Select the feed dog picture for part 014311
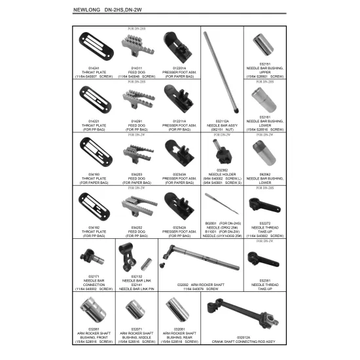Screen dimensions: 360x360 click(136, 46)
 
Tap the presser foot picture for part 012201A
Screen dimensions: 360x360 click(178, 47)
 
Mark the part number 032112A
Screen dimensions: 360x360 click(220, 120)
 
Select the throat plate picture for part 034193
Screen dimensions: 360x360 click(90, 153)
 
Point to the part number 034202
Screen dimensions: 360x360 click(136, 227)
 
